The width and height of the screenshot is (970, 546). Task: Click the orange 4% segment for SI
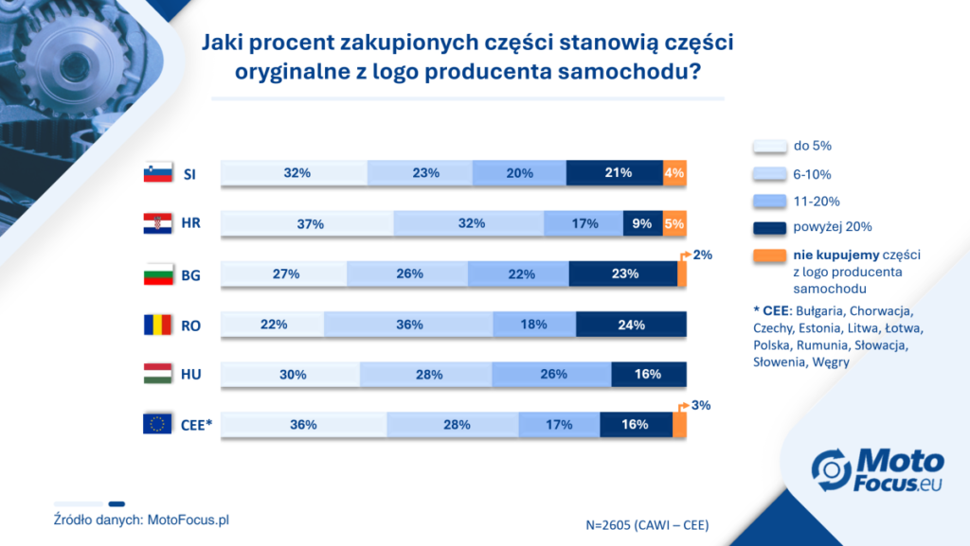pyautogui.click(x=674, y=173)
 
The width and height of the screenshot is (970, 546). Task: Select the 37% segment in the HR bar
pyautogui.click(x=308, y=223)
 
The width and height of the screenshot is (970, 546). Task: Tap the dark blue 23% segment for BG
pyautogui.click(x=623, y=273)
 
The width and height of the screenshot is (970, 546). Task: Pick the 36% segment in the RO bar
pyautogui.click(x=408, y=325)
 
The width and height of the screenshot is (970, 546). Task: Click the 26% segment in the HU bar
pyautogui.click(x=552, y=375)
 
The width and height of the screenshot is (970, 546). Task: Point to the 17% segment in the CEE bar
pyautogui.click(x=559, y=424)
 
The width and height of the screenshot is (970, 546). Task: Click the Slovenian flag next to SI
pyautogui.click(x=158, y=173)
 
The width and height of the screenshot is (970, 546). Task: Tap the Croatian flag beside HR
pyautogui.click(x=158, y=223)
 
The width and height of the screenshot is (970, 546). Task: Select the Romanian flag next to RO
pyautogui.click(x=158, y=325)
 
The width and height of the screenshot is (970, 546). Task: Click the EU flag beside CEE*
pyautogui.click(x=157, y=424)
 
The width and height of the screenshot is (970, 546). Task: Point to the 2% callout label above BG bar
pyautogui.click(x=702, y=255)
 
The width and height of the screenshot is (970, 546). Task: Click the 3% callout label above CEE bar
pyautogui.click(x=701, y=405)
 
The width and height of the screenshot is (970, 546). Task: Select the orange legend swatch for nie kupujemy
pyautogui.click(x=769, y=255)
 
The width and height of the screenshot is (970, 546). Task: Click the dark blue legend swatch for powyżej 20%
pyautogui.click(x=769, y=227)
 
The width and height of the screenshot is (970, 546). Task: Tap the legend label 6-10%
pyautogui.click(x=812, y=175)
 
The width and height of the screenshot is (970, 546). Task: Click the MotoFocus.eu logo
pyautogui.click(x=878, y=470)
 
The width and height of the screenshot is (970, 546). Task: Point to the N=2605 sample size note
pyautogui.click(x=647, y=525)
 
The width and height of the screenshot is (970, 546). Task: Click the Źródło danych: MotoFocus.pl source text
pyautogui.click(x=141, y=520)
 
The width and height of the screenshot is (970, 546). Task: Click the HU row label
pyautogui.click(x=190, y=375)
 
